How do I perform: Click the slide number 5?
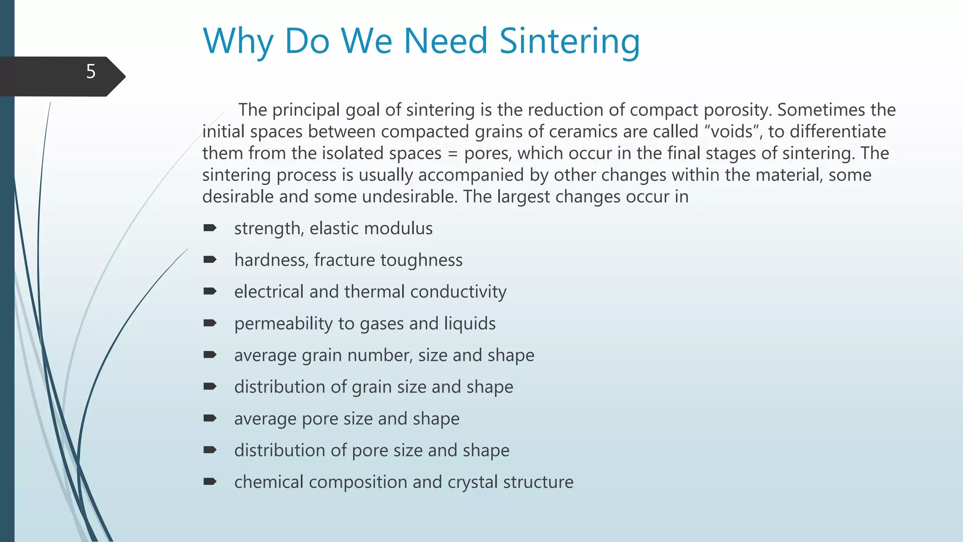point(91,72)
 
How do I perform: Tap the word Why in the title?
point(238,41)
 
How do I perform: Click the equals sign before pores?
point(453,154)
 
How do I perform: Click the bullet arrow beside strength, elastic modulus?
point(210,228)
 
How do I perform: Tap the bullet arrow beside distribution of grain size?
point(210,386)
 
